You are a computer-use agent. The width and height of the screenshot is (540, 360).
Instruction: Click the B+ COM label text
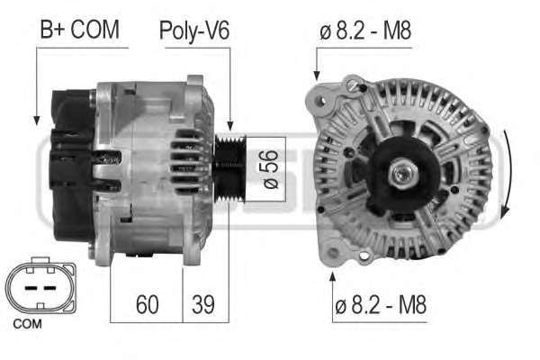coord(79,30)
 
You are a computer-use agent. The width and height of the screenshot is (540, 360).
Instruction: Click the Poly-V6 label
coord(194,31)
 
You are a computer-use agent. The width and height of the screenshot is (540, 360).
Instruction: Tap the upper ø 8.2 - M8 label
coord(365,31)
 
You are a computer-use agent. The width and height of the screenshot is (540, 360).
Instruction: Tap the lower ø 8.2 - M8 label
coord(381,304)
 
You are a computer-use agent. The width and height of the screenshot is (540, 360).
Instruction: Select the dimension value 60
coord(147,304)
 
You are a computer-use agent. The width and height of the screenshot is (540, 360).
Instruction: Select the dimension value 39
coord(203,304)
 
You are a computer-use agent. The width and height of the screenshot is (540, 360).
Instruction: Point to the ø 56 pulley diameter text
coord(270,169)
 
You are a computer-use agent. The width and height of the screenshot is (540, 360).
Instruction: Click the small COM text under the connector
coord(27,324)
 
